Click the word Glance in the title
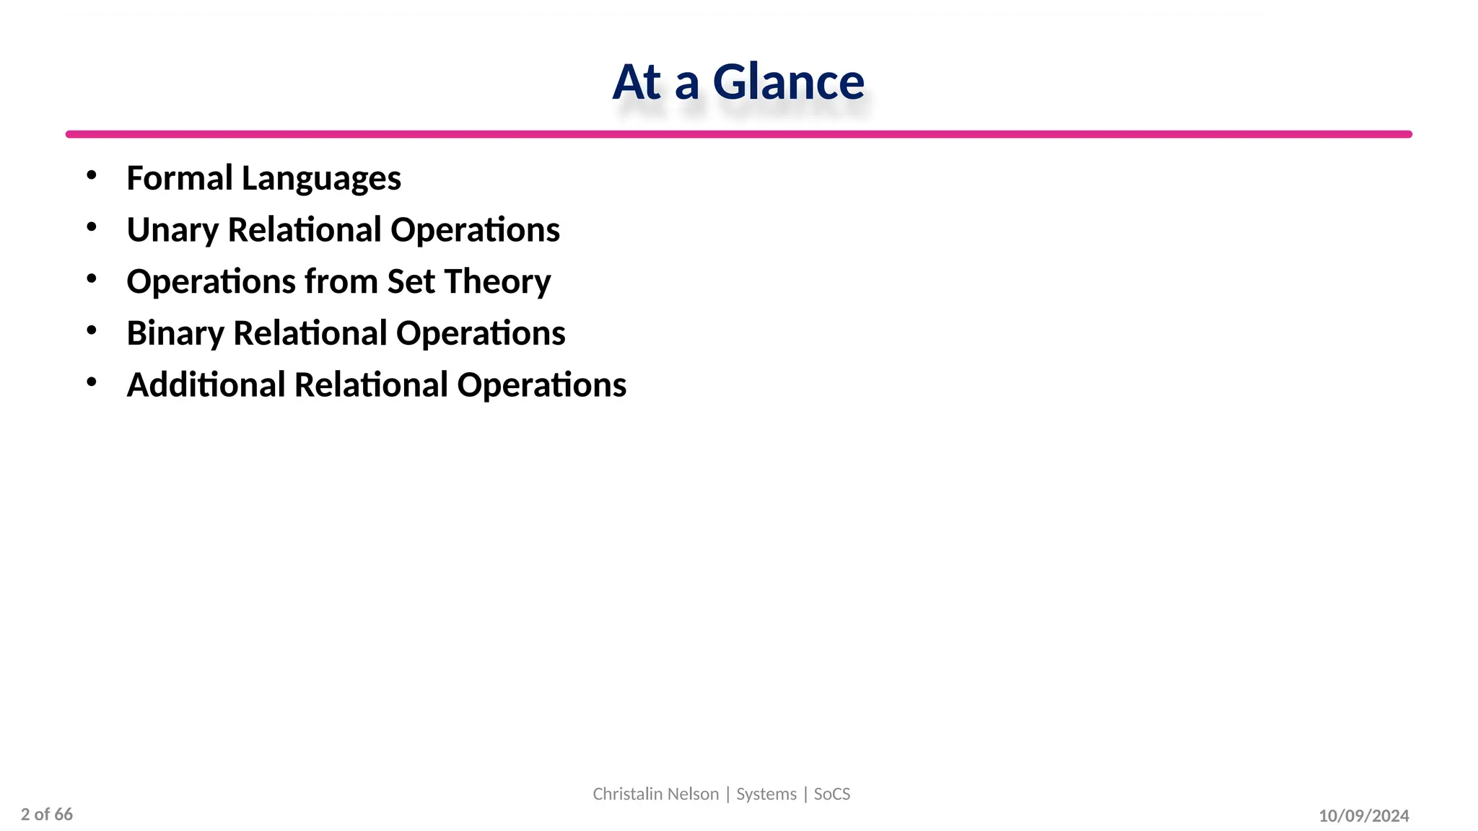tap(788, 82)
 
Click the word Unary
tap(172, 231)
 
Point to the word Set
tap(411, 281)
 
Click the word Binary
tap(175, 334)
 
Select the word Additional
tap(206, 385)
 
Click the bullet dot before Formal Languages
tap(91, 175)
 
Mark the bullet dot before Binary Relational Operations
tap(91, 330)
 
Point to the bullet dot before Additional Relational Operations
tap(91, 382)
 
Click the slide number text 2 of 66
tap(47, 814)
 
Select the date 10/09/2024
tap(1364, 816)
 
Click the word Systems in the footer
tap(766, 794)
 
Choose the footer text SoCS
tap(832, 794)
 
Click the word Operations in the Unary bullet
tap(475, 231)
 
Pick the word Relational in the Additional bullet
tap(371, 385)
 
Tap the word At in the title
tap(637, 82)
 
